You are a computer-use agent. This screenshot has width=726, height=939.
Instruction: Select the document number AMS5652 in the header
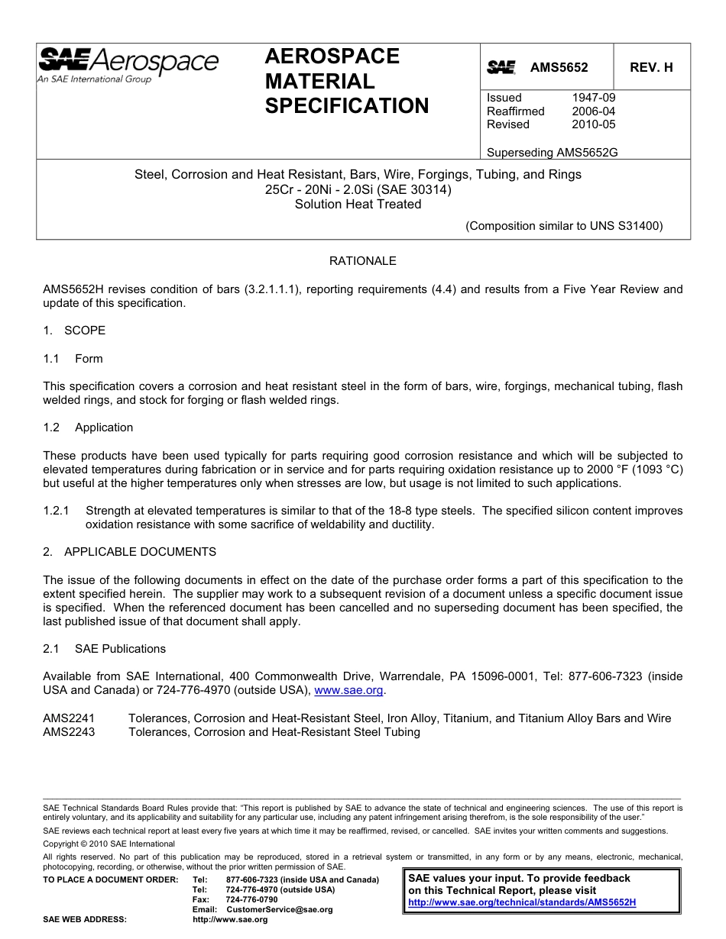(559, 67)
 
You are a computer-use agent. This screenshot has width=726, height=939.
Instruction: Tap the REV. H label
(651, 67)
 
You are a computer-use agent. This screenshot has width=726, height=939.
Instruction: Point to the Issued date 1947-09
(593, 98)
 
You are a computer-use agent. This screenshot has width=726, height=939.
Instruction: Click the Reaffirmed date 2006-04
(593, 111)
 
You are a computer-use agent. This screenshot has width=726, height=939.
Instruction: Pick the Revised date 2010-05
(593, 124)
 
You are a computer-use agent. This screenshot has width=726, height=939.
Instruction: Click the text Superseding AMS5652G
(552, 152)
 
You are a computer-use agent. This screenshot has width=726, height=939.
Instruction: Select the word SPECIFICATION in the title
(347, 106)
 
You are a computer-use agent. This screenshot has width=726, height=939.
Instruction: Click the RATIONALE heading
(362, 261)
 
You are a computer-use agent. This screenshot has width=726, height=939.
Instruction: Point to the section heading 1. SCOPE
(74, 331)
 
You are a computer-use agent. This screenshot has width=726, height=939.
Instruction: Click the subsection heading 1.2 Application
(88, 428)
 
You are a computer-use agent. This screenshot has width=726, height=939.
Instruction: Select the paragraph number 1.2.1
(57, 511)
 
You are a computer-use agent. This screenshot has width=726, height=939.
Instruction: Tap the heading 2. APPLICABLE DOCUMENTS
(129, 552)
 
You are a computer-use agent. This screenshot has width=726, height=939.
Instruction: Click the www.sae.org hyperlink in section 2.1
(348, 690)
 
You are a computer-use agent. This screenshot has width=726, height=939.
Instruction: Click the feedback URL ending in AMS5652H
(522, 902)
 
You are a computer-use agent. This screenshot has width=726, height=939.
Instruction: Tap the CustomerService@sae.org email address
(280, 910)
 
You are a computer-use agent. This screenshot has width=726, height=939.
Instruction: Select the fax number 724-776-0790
(252, 900)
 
